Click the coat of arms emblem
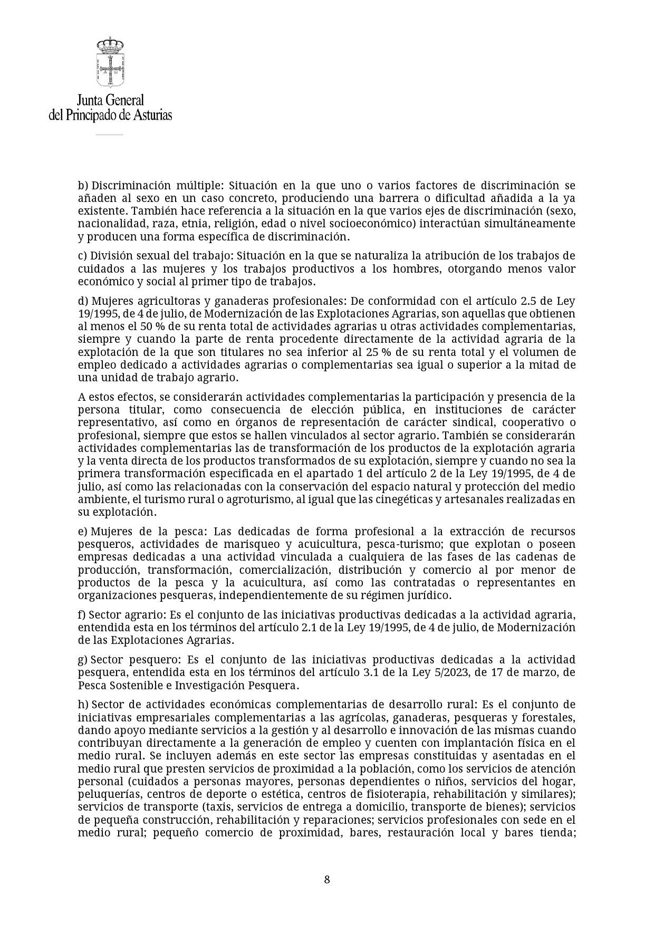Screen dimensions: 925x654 tap(110, 62)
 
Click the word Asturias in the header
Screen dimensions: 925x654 tap(152, 115)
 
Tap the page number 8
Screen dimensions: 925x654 tap(327, 879)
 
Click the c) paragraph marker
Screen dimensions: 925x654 tap(82, 256)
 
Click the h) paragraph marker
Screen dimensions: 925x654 tap(83, 705)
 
